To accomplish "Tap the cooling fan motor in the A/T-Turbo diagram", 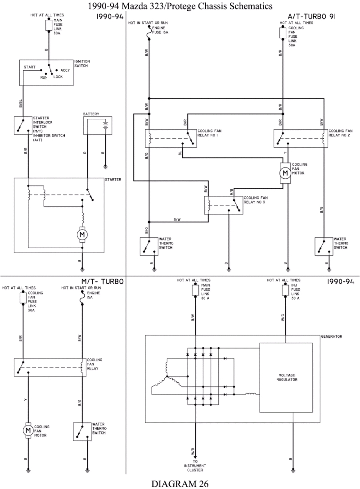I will (x=285, y=172).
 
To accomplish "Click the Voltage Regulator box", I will (x=286, y=377).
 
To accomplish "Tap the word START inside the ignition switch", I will (x=30, y=67).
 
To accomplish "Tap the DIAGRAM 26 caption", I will (x=180, y=484).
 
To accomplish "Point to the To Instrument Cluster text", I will (x=195, y=466).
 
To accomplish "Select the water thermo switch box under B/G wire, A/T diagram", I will (x=323, y=246).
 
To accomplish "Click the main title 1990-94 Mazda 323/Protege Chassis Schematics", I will (x=180, y=6).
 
